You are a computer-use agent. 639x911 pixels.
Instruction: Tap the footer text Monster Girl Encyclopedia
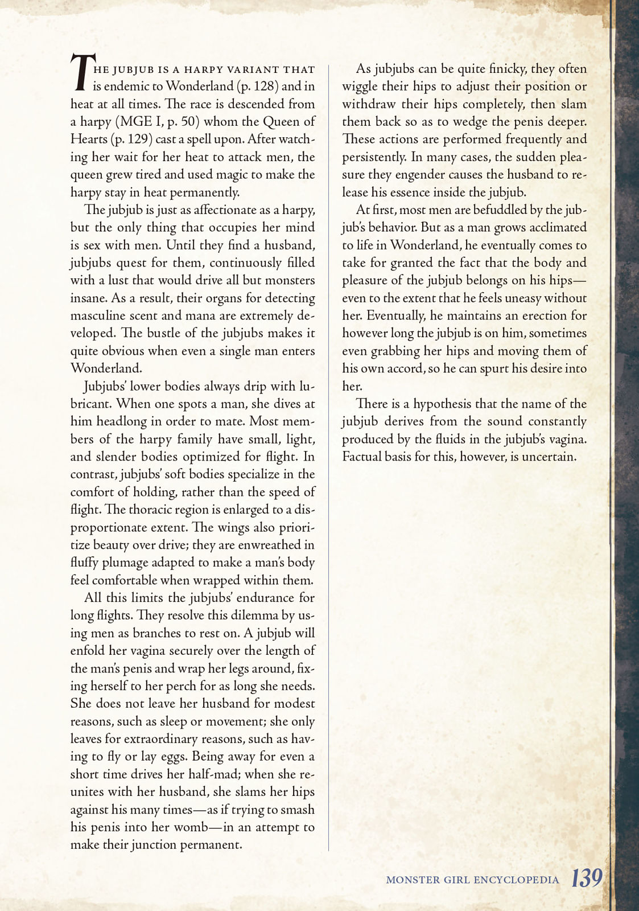coord(472,880)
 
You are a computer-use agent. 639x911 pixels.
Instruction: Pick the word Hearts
coord(88,139)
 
